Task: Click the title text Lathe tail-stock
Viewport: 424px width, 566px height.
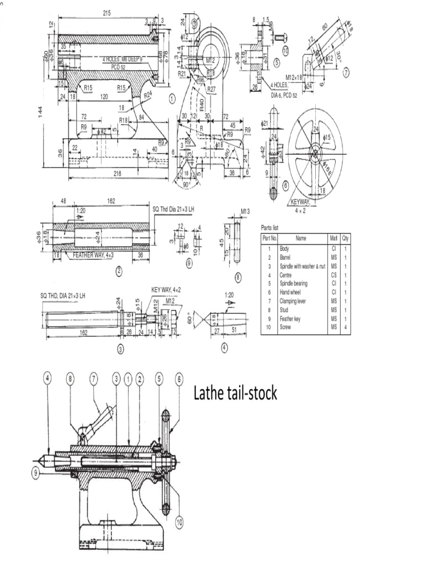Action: (235, 394)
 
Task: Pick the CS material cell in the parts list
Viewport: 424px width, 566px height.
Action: (333, 275)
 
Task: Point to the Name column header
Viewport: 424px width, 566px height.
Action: (300, 238)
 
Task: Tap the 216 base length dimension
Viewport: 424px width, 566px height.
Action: (117, 174)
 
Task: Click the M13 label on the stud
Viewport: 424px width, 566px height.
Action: (246, 211)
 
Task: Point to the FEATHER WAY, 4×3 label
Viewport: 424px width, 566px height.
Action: (93, 255)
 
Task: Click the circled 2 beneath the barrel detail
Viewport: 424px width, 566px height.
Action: (118, 271)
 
